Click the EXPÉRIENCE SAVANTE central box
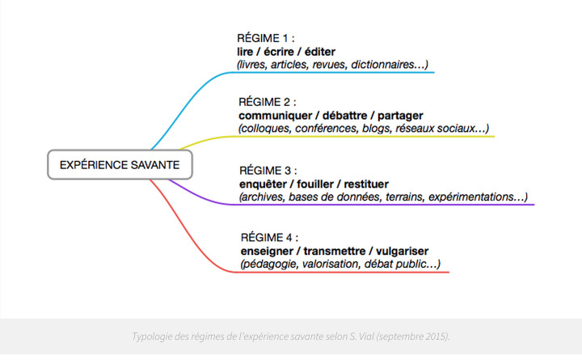(120, 164)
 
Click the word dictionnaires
(382, 65)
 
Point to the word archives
(263, 197)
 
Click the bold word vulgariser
(402, 251)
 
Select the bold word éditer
(320, 52)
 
